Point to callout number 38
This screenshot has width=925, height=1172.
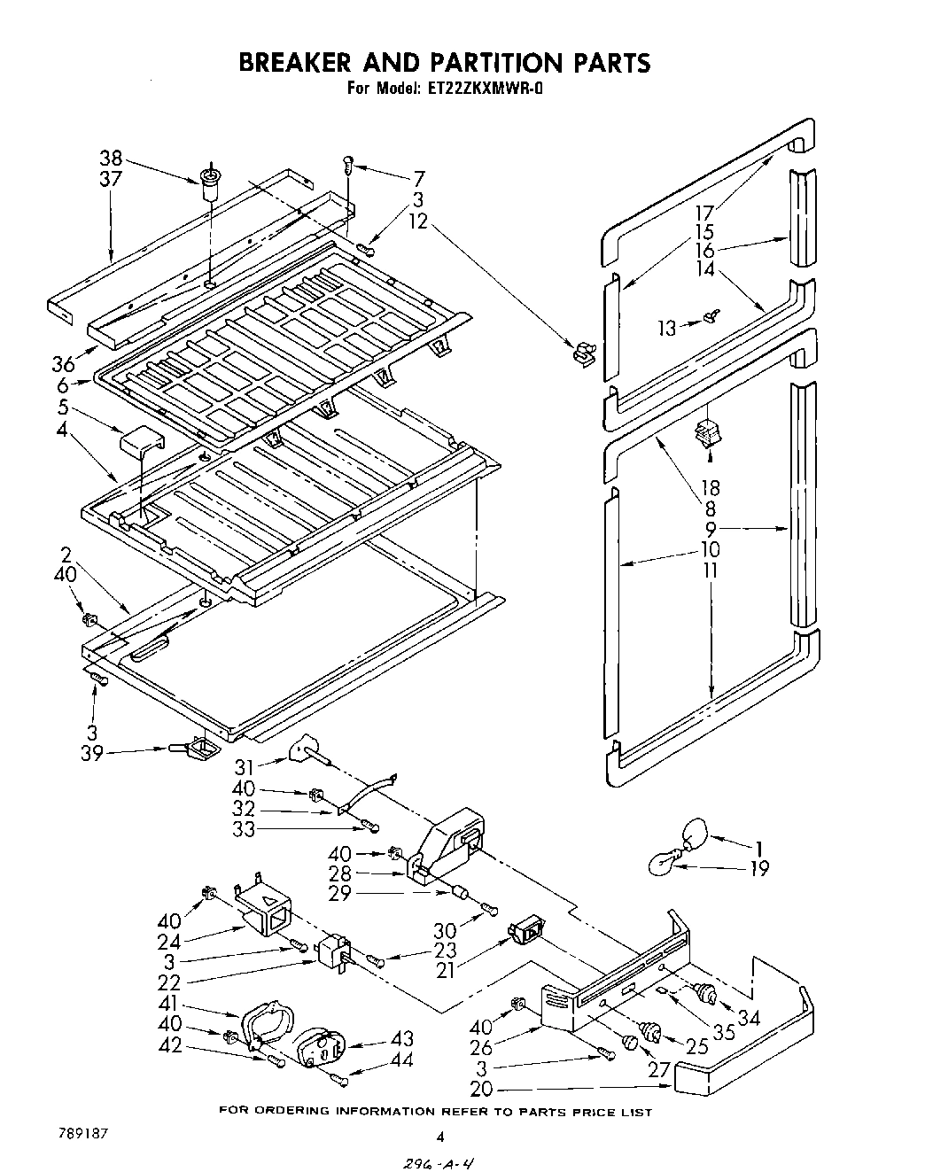[x=111, y=159]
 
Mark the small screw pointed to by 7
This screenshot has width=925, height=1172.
[x=349, y=163]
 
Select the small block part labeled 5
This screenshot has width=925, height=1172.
[x=143, y=440]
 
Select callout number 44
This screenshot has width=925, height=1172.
[x=401, y=1059]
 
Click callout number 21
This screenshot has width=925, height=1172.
[x=445, y=970]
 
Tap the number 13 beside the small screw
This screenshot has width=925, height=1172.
[x=666, y=329]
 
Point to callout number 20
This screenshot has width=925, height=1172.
[x=482, y=1090]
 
